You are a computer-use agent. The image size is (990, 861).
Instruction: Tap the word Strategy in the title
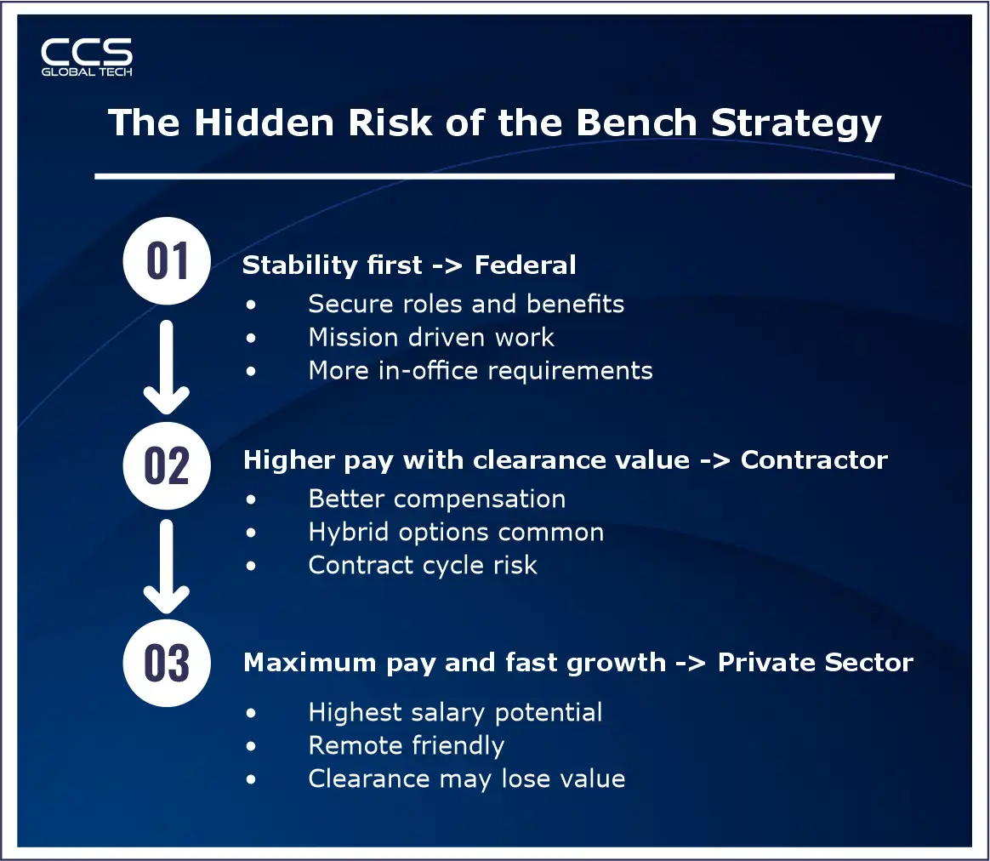(x=796, y=124)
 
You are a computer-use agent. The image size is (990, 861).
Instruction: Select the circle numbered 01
(x=167, y=261)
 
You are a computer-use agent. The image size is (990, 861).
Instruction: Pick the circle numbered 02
(x=167, y=466)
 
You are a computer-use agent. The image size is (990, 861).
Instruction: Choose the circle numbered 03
(x=167, y=664)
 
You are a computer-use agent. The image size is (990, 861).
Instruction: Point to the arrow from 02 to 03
(x=167, y=566)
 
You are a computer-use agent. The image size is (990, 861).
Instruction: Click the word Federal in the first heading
(x=525, y=265)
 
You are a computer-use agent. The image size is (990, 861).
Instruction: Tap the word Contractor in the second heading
(x=814, y=460)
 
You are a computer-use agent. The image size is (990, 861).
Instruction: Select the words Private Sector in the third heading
(x=815, y=663)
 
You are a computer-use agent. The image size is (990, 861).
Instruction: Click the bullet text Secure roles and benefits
(x=466, y=304)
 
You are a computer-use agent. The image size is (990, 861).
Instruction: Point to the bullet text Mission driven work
(x=431, y=338)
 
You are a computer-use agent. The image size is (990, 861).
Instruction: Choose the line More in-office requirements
(x=481, y=371)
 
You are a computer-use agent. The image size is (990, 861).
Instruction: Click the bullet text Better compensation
(x=436, y=499)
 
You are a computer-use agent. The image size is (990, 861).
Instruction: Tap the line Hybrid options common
(x=456, y=533)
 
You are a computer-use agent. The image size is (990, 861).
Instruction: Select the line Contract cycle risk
(x=423, y=566)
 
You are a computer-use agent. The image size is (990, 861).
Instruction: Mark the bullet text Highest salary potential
(x=455, y=712)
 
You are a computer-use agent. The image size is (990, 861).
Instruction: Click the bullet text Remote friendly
(x=407, y=746)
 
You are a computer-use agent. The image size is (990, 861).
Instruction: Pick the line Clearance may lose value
(x=467, y=779)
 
